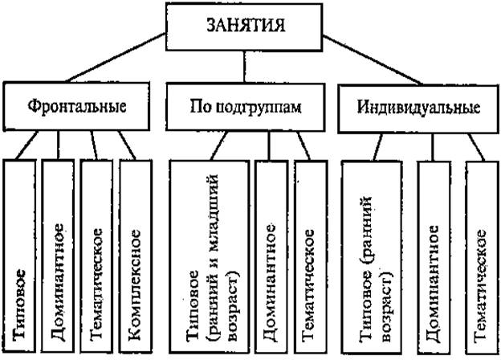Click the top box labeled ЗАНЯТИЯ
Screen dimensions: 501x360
(244, 27)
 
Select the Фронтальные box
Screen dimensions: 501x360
(76, 106)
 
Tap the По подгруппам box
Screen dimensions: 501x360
(246, 107)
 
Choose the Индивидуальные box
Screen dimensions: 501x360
(418, 108)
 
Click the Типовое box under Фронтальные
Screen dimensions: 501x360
(19, 256)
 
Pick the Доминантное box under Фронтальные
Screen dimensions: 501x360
(58, 256)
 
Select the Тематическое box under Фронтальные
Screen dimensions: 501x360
(96, 256)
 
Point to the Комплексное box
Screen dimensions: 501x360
(136, 256)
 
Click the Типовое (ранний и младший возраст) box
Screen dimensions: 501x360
(210, 256)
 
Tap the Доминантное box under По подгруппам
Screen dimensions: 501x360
(271, 256)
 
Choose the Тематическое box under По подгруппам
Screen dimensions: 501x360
(311, 256)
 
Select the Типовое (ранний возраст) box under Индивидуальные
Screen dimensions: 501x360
(372, 258)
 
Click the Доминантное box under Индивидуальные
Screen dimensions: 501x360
(434, 258)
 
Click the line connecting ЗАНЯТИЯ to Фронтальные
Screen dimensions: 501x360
(116, 58)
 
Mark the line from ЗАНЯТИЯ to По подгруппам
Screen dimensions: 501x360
(244, 67)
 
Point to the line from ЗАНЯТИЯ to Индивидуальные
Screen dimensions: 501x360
(373, 59)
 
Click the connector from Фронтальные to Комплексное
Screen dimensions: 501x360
(128, 145)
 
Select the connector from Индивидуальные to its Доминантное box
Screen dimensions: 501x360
(434, 147)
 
